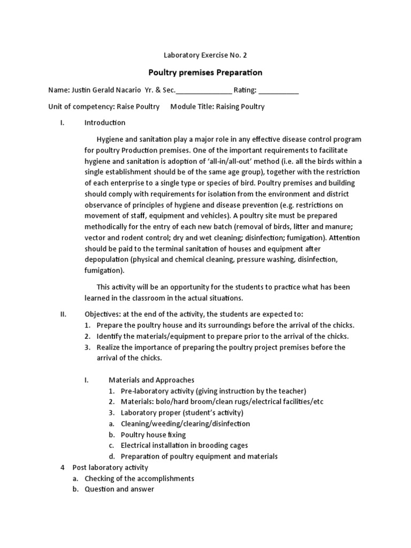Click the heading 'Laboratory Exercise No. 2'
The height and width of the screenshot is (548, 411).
pos(205,55)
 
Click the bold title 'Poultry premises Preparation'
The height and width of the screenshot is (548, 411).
pos(205,72)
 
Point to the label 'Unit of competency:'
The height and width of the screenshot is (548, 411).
pos(81,106)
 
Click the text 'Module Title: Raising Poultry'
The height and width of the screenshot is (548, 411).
pos(217,106)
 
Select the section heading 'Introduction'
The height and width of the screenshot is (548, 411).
pos(105,123)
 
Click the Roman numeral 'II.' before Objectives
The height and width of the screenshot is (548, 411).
pos(63,314)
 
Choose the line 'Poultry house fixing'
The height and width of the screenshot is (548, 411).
pos(153,435)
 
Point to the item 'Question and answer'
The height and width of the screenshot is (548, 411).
pos(119,489)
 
